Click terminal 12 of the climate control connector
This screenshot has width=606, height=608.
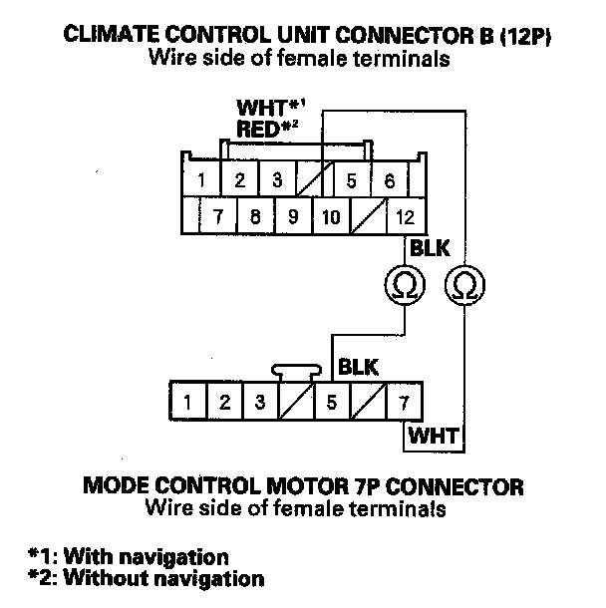pos(405,216)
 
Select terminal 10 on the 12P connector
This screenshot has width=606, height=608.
pos(331,216)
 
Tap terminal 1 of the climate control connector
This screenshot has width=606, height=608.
pos(201,181)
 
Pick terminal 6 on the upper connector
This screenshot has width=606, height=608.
pos(390,181)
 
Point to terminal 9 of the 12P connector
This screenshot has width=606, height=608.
pos(293,216)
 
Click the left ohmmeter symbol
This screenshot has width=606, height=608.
pos(405,286)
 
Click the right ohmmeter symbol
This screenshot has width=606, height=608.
pos(461,286)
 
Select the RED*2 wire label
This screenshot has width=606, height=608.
pos(267,127)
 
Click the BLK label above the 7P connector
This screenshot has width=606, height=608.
pos(357,367)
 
